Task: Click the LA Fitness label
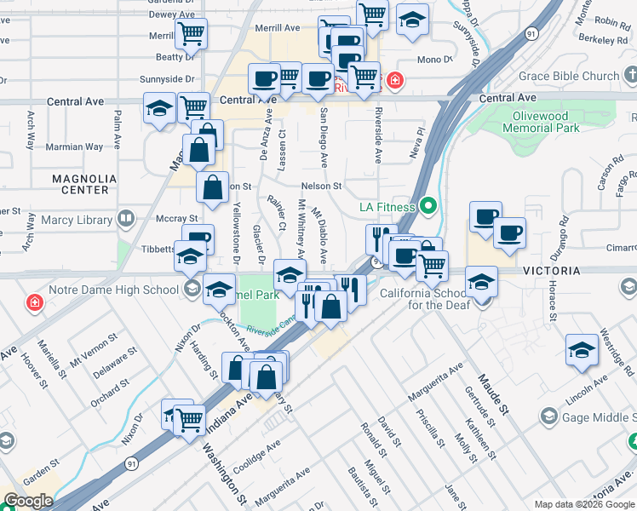(387, 207)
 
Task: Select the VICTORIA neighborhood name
(552, 271)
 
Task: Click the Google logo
(28, 501)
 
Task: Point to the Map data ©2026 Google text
(583, 504)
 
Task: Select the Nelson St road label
(320, 186)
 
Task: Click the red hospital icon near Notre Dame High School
(34, 302)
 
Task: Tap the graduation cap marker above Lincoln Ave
(582, 350)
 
